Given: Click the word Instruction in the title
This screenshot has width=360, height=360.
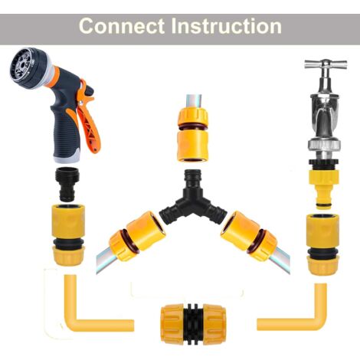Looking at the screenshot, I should [226, 25].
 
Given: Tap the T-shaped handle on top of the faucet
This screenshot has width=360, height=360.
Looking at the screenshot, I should [320, 66].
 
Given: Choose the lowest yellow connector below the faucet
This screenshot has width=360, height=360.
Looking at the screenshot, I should [322, 244].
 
